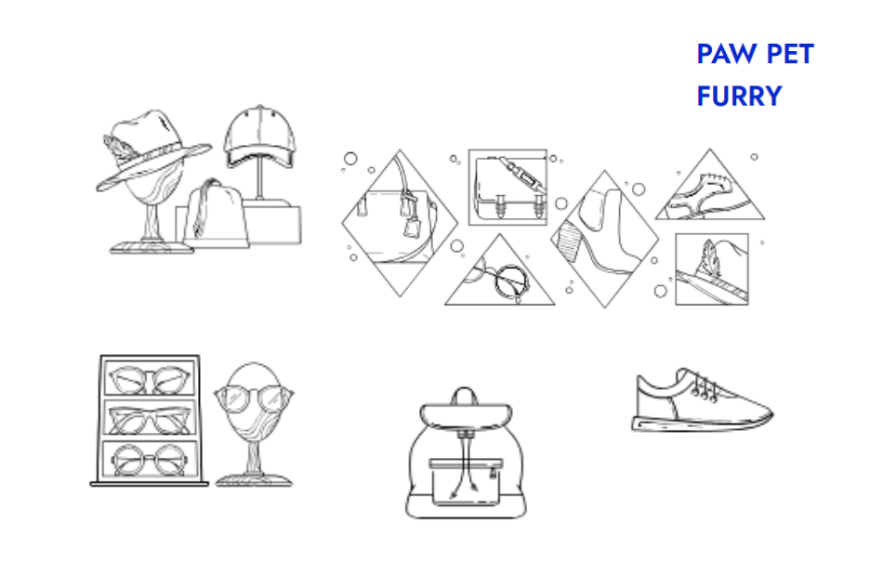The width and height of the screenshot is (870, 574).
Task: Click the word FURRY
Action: [x=739, y=97]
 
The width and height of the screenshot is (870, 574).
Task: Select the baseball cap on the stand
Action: [x=259, y=136]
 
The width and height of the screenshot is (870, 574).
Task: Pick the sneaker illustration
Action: [x=702, y=400]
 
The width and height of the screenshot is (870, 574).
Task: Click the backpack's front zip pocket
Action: [x=466, y=482]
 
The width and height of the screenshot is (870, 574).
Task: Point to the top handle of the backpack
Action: [x=465, y=394]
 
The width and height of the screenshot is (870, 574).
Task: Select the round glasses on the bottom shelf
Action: [x=150, y=459]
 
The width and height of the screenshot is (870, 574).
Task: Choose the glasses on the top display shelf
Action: [x=150, y=380]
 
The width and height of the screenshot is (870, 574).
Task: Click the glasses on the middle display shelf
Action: [x=150, y=419]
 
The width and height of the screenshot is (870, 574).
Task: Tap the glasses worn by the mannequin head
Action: [x=254, y=398]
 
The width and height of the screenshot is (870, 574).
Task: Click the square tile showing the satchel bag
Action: [x=507, y=188]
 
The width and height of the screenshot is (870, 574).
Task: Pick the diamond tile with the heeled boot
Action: [x=605, y=239]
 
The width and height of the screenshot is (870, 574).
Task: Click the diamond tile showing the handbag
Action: [x=400, y=223]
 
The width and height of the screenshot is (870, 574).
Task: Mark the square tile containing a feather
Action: [x=712, y=269]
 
